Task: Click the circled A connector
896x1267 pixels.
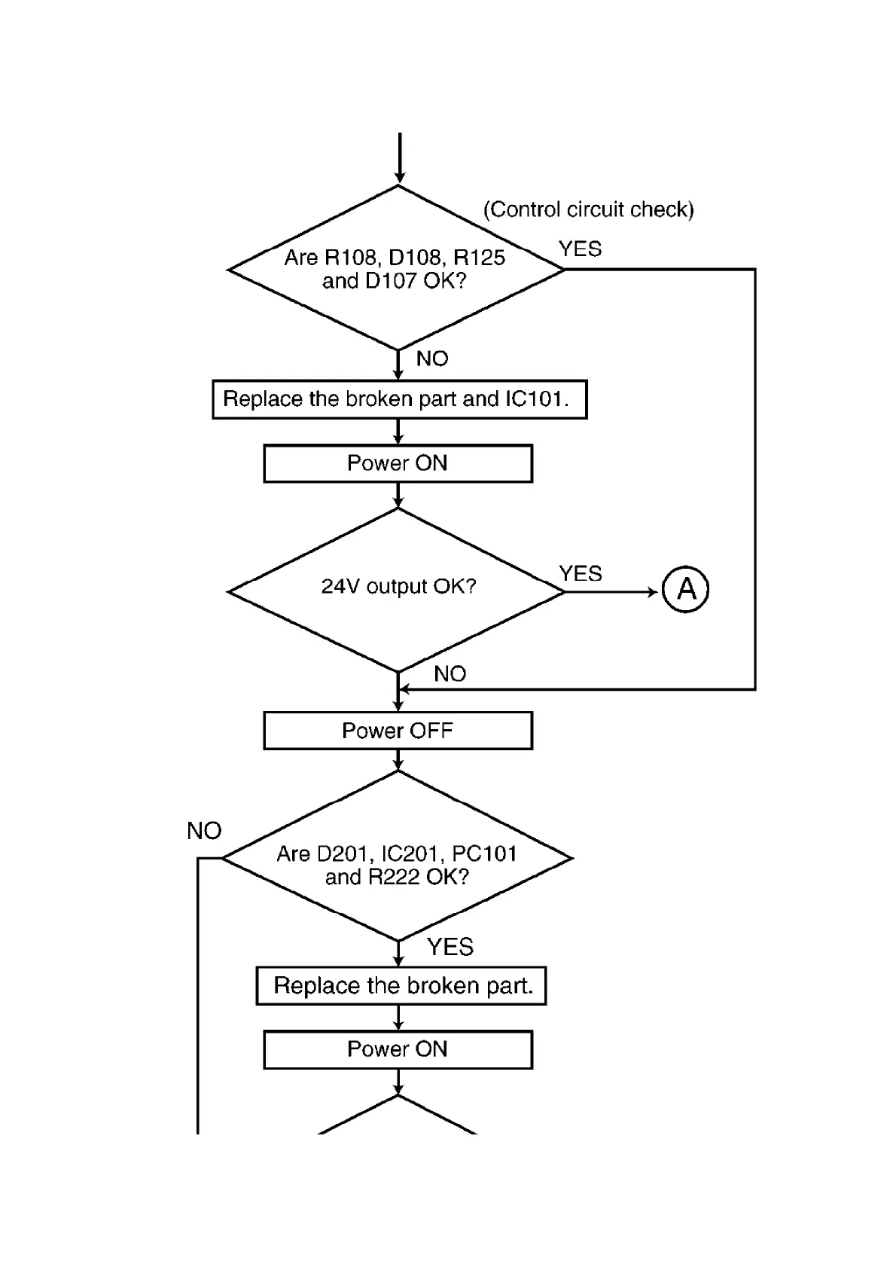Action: [686, 588]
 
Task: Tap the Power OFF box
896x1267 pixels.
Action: [398, 731]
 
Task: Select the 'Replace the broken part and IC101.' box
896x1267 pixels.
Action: [399, 399]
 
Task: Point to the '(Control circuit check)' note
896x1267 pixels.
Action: [588, 209]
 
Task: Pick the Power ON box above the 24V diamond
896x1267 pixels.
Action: [398, 463]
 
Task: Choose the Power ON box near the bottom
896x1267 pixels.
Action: [398, 1049]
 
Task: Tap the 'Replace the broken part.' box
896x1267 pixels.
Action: [401, 986]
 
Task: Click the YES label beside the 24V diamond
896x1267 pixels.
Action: [581, 574]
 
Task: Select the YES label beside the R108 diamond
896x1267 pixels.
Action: [581, 249]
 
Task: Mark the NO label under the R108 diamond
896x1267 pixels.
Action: [432, 359]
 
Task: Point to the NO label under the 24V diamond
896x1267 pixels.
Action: [450, 674]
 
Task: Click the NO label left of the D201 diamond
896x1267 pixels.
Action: [204, 831]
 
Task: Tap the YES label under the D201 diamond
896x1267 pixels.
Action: [450, 947]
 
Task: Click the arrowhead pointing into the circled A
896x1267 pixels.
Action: [653, 592]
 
